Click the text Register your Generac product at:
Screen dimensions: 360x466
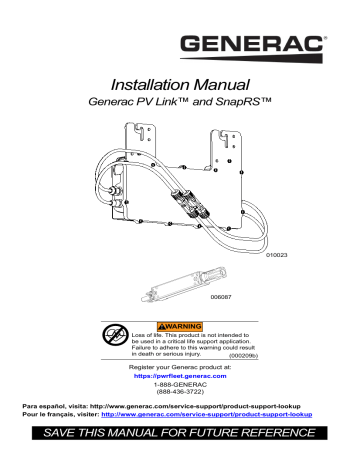[x=180, y=369]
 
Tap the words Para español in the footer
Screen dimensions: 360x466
[x=44, y=416]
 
